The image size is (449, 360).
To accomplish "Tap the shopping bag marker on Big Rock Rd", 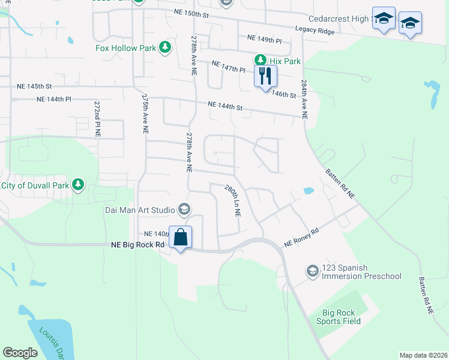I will [x=180, y=238].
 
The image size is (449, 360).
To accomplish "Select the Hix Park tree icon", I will [x=261, y=61].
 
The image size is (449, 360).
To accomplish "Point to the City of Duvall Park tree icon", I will [x=78, y=185].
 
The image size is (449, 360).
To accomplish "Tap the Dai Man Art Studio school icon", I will [x=184, y=209].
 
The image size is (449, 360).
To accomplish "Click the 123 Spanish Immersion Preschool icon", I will [x=312, y=271].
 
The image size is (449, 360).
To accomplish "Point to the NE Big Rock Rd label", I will [x=138, y=245].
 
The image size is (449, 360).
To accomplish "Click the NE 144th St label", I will [x=225, y=107].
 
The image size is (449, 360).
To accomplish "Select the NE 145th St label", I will [x=35, y=86].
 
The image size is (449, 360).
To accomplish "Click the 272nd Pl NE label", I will [x=97, y=119].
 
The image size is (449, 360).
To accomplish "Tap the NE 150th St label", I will [x=191, y=13].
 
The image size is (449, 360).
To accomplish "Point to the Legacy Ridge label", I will [x=314, y=29].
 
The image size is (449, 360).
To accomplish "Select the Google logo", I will [x=20, y=353].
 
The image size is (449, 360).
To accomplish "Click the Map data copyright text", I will [x=423, y=355].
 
